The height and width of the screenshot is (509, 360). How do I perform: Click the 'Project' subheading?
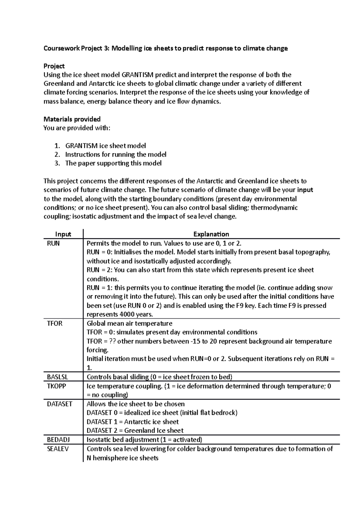click(x=54, y=66)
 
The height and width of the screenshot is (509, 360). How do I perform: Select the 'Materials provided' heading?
click(x=72, y=119)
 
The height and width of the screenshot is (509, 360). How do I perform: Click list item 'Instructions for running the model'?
click(x=115, y=154)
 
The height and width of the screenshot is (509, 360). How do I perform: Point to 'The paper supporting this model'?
click(x=113, y=163)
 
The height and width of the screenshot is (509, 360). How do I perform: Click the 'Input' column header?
click(x=63, y=234)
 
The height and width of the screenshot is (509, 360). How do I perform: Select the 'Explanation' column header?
click(x=211, y=234)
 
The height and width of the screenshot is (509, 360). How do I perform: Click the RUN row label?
click(x=53, y=243)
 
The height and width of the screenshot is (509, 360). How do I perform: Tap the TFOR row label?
click(x=55, y=323)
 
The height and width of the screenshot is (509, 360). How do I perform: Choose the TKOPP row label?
click(x=56, y=386)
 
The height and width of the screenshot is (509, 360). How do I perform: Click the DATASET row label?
click(x=59, y=404)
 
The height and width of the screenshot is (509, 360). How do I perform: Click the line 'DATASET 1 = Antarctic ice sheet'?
click(x=133, y=422)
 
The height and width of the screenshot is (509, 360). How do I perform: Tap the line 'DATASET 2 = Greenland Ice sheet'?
click(x=135, y=430)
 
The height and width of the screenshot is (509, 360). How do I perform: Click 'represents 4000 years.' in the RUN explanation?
click(x=120, y=314)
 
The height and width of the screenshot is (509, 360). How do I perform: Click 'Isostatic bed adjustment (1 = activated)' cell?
click(x=144, y=440)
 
